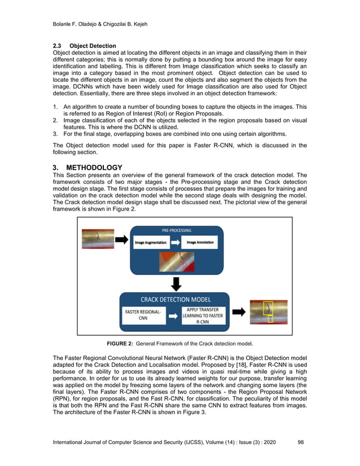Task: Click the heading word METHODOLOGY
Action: [94, 168]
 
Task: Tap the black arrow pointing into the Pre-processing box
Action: [121, 239]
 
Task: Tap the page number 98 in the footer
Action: [300, 442]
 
